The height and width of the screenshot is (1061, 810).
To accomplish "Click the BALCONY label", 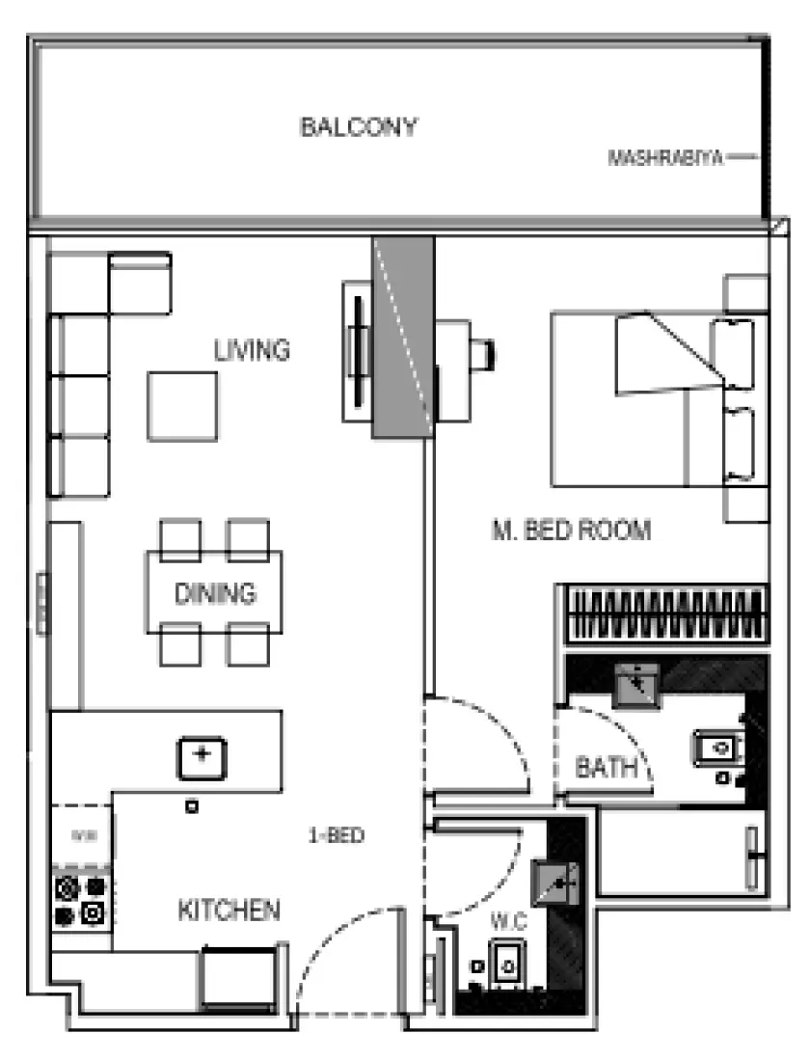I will click(x=358, y=127).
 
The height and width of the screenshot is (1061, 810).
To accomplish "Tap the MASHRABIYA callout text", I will click(x=665, y=158).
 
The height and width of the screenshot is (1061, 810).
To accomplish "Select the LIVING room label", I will click(x=252, y=349).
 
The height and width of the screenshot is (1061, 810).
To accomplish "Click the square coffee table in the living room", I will click(x=182, y=405).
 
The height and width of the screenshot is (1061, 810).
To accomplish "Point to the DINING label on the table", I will click(x=215, y=593).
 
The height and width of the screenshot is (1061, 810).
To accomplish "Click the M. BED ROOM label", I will click(x=572, y=530).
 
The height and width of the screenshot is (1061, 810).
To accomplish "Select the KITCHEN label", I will click(x=229, y=910).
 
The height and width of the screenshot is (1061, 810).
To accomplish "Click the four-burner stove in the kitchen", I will click(x=81, y=900).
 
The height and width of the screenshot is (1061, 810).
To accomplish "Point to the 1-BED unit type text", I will click(x=336, y=836).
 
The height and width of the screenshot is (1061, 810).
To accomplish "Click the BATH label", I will click(x=606, y=768).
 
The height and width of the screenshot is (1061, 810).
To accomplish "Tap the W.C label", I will click(x=507, y=922).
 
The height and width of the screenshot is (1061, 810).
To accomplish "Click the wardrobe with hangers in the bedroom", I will click(x=663, y=614).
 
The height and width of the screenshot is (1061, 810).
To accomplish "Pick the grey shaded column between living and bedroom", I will click(x=402, y=338).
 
